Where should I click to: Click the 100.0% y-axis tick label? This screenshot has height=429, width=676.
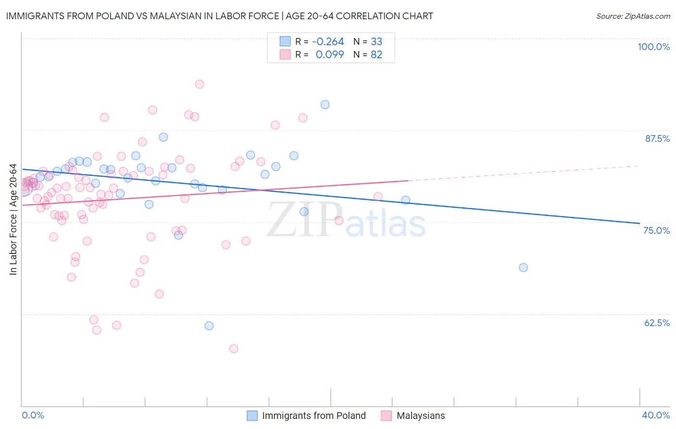pyautogui.click(x=653, y=47)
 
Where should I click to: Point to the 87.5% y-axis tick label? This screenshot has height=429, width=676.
pyautogui.click(x=657, y=139)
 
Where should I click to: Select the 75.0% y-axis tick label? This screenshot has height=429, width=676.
pyautogui.click(x=656, y=230)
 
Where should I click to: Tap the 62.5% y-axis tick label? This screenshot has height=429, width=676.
pyautogui.click(x=656, y=323)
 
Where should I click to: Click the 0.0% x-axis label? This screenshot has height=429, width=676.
pyautogui.click(x=33, y=415)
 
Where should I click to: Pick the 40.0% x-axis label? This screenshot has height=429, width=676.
pyautogui.click(x=655, y=415)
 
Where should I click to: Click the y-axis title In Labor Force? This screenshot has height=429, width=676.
pyautogui.click(x=13, y=219)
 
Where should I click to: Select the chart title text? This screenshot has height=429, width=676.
pyautogui.click(x=219, y=16)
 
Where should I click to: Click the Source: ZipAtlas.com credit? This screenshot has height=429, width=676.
pyautogui.click(x=633, y=16)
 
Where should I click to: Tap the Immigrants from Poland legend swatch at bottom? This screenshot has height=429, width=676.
pyautogui.click(x=252, y=416)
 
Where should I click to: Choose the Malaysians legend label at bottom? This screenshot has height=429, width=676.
pyautogui.click(x=420, y=416)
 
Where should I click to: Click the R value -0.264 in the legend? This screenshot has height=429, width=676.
pyautogui.click(x=328, y=42)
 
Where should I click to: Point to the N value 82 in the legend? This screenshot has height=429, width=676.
pyautogui.click(x=376, y=54)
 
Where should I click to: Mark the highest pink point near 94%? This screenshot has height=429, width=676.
pyautogui.click(x=200, y=84)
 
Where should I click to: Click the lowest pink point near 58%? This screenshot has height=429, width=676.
pyautogui.click(x=234, y=349)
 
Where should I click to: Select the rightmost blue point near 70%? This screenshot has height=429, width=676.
pyautogui.click(x=524, y=267)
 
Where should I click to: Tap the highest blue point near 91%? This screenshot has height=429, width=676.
pyautogui.click(x=325, y=105)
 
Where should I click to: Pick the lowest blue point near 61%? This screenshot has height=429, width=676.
pyautogui.click(x=209, y=326)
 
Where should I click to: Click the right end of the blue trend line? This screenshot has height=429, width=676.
pyautogui.click(x=639, y=223)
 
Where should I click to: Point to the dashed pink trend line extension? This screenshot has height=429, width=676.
pyautogui.click(x=524, y=173)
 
